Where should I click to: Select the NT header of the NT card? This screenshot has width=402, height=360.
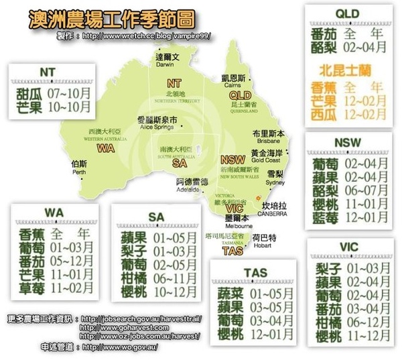[x=47, y=72]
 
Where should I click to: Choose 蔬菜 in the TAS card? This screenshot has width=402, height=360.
[x=231, y=293]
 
